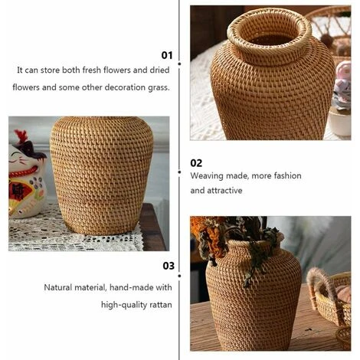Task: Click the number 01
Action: click(166, 55)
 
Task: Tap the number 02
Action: click(196, 162)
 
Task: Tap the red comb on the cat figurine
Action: click(20, 139)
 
